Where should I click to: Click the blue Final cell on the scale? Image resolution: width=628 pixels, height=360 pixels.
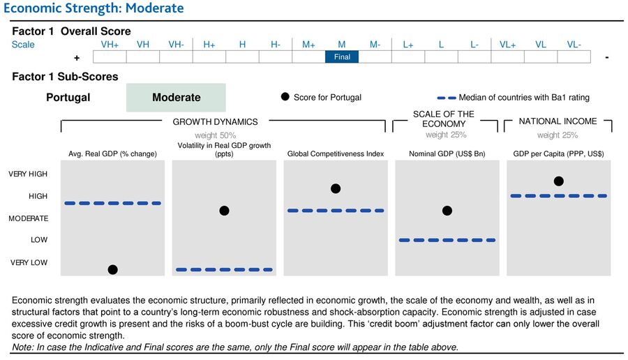click(342, 57)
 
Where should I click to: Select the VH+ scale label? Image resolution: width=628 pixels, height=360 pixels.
click(110, 44)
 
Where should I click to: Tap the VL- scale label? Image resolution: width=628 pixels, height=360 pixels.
click(574, 44)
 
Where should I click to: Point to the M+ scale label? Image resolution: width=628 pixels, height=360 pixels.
click(308, 44)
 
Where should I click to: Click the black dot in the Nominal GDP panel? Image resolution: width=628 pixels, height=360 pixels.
click(447, 211)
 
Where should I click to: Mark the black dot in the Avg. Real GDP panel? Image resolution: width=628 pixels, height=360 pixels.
click(112, 269)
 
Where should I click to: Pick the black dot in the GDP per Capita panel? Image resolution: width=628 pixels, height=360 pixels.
click(558, 181)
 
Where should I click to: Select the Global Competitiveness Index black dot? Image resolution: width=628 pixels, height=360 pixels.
click(336, 188)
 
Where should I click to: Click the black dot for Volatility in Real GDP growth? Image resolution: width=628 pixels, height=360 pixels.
click(224, 211)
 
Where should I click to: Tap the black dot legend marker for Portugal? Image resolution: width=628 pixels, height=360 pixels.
click(285, 97)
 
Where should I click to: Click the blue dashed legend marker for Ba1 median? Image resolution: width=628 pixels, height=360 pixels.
click(447, 98)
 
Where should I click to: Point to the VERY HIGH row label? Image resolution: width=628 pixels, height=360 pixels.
click(28, 174)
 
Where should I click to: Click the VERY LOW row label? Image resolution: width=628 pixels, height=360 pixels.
click(29, 262)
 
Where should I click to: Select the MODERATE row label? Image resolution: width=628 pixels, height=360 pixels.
click(28, 218)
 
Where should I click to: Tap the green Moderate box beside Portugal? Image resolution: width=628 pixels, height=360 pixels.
click(176, 98)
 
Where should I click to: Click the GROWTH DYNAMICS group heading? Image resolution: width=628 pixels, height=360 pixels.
click(215, 121)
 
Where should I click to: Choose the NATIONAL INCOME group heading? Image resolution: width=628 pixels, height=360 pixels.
click(558, 121)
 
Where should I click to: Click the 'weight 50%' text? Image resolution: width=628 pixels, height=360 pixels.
click(215, 135)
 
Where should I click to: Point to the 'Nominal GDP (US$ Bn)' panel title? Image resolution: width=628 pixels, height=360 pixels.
click(447, 153)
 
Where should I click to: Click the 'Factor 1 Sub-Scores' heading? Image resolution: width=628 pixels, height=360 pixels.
click(65, 77)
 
